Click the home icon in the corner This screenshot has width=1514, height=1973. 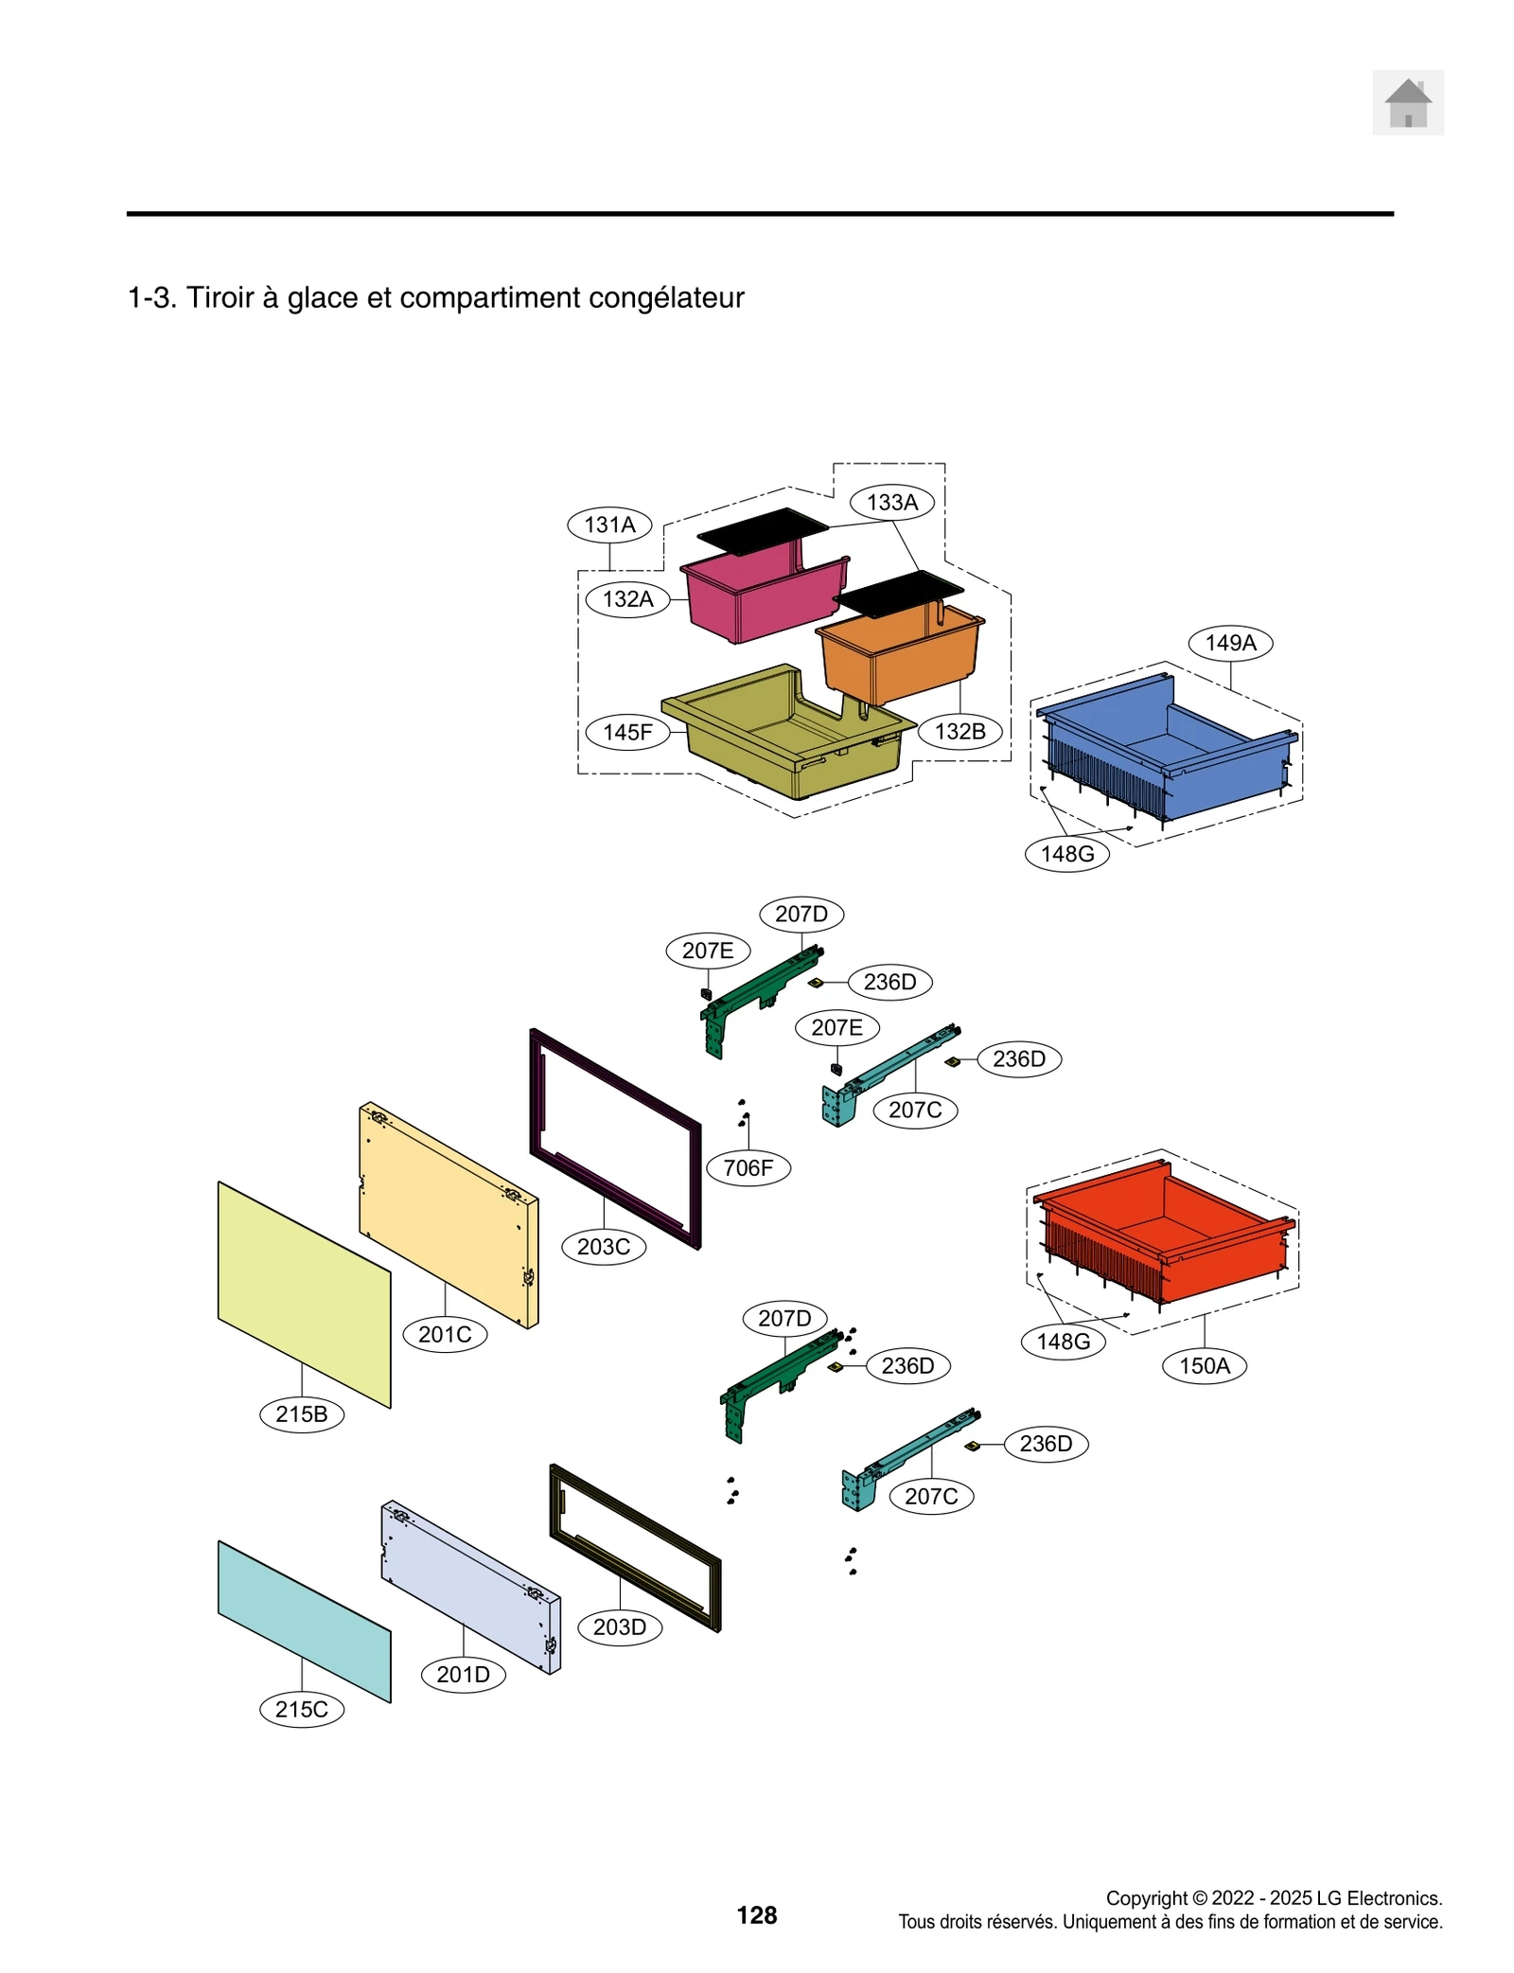(x=1407, y=102)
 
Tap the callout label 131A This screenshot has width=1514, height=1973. (x=609, y=524)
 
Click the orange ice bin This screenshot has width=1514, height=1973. (x=899, y=653)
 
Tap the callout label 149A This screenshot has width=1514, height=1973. (x=1230, y=643)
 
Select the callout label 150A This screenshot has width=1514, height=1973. (x=1204, y=1365)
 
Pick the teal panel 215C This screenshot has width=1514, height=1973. (x=303, y=1619)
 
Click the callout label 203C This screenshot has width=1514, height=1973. (x=604, y=1247)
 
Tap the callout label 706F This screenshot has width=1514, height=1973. (x=748, y=1167)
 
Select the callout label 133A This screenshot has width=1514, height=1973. (x=891, y=503)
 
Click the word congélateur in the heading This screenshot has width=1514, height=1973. (x=666, y=297)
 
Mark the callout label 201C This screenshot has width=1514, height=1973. (x=445, y=1334)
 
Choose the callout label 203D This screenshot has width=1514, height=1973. (x=620, y=1626)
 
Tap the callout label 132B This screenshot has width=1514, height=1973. (x=959, y=731)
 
